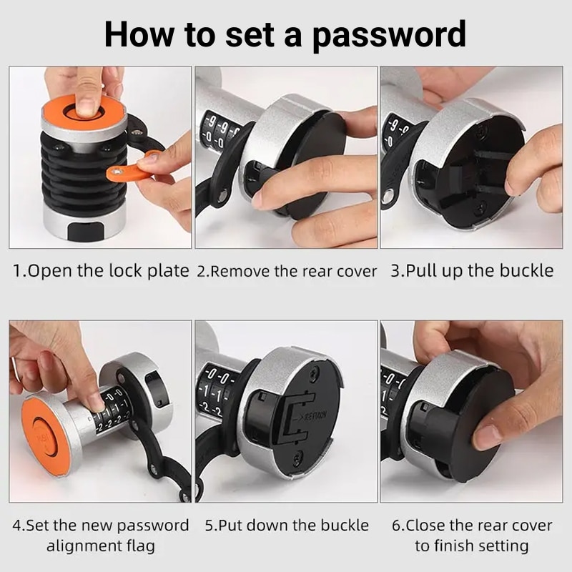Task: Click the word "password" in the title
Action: pyautogui.click(x=389, y=35)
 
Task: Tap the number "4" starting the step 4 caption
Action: pyautogui.click(x=16, y=526)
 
